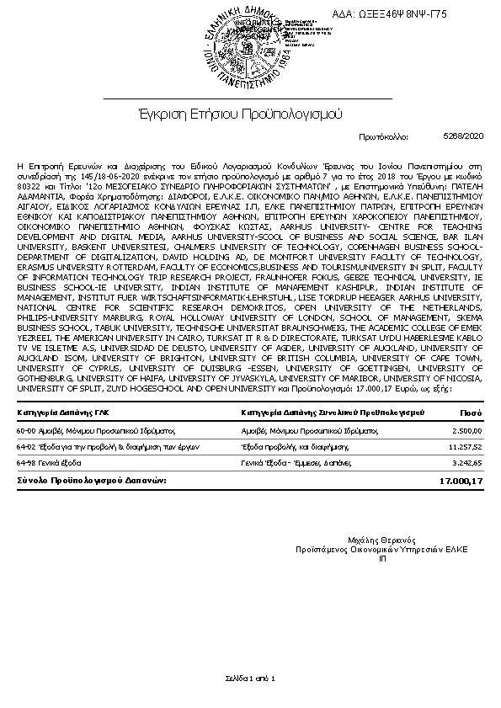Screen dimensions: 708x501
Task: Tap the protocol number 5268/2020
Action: point(462,135)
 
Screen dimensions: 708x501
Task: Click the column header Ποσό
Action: point(472,413)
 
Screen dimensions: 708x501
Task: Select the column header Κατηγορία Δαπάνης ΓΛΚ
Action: point(59,413)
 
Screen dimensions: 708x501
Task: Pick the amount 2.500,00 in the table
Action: point(466,431)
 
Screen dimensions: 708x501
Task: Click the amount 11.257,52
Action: point(464,447)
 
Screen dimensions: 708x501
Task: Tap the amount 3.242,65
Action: point(466,463)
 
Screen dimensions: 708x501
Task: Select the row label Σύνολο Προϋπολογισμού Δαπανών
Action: point(91,480)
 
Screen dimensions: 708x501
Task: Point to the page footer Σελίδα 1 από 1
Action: point(250,678)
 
